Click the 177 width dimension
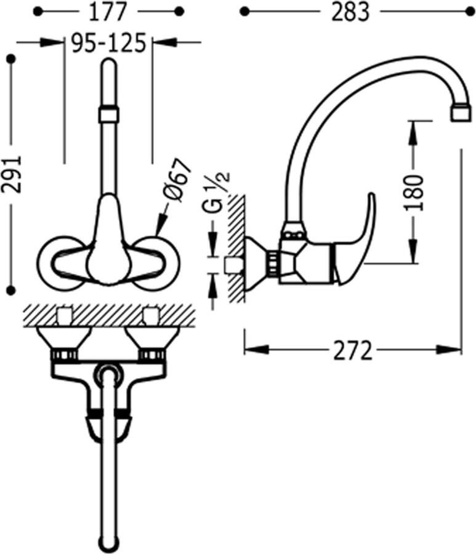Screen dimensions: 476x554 tap(107, 12)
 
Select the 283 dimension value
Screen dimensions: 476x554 tap(350, 12)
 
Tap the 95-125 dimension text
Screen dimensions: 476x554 tap(108, 42)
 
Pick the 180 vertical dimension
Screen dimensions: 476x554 tap(413, 192)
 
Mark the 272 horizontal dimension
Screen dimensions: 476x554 tap(353, 350)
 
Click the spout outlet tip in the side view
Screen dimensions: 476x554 tap(461, 114)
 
